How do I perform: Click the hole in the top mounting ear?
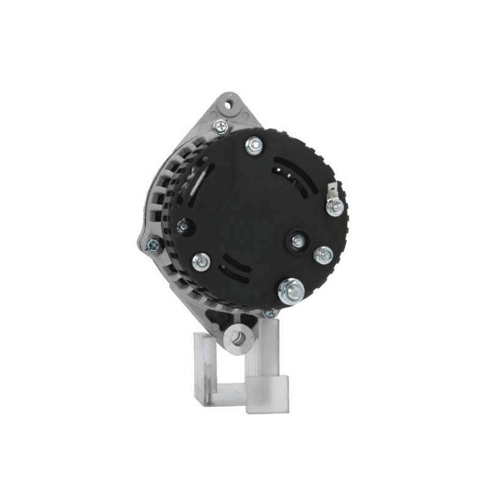click(x=229, y=105)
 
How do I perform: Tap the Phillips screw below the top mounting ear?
click(x=220, y=127)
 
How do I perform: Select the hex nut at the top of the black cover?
click(x=254, y=145)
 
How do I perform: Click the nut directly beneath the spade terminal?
click(x=335, y=207)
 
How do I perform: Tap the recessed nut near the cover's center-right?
click(x=298, y=241)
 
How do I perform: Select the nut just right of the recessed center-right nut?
click(x=323, y=254)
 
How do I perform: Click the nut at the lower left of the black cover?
click(x=200, y=262)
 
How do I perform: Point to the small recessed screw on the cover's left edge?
click(x=183, y=227)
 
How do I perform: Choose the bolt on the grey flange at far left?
click(x=153, y=246)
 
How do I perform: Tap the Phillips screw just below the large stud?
click(x=270, y=313)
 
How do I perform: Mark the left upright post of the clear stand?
click(x=204, y=367)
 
